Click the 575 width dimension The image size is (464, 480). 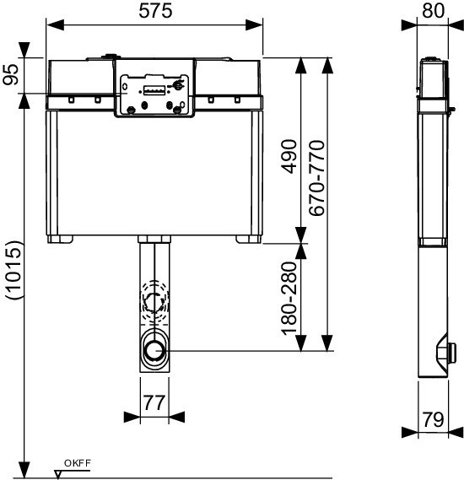point(155,11)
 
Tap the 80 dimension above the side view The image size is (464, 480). point(433,10)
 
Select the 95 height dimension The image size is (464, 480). point(11,74)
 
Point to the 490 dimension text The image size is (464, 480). point(289,156)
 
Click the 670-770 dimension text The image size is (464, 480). point(316,178)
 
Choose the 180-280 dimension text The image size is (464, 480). point(289,298)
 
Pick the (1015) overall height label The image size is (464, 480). point(14,270)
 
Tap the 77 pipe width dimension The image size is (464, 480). point(154,402)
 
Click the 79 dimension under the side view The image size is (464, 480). point(433,420)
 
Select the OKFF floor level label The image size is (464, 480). point(78,463)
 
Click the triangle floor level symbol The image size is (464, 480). point(57,474)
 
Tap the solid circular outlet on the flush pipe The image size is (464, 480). point(155,350)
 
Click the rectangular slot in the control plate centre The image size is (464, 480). point(154,91)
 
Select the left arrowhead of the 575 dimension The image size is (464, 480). point(56,24)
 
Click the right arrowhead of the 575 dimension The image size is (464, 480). point(254,24)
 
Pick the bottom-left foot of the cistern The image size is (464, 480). point(60,239)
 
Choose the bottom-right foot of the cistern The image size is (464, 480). point(249,239)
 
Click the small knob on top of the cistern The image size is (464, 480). point(111,57)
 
